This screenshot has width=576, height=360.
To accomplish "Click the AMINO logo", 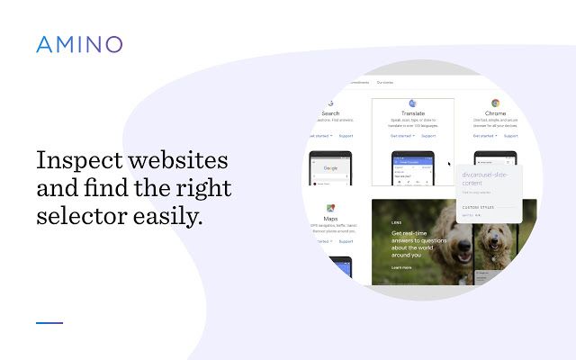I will (79, 44).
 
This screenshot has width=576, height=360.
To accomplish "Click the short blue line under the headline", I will (49, 322).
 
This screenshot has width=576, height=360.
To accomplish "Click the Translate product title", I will (413, 114).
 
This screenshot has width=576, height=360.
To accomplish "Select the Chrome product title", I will (495, 114).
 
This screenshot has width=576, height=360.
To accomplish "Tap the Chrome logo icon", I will (495, 103).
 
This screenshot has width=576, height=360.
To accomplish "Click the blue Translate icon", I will (413, 103).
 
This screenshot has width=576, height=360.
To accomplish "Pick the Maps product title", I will (331, 220).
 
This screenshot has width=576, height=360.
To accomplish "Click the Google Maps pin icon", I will (331, 208).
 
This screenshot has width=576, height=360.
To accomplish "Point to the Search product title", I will (330, 114).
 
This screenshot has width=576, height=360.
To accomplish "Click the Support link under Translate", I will (428, 136).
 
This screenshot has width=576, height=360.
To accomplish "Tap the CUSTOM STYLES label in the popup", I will (477, 207).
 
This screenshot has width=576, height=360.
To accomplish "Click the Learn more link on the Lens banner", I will (401, 267).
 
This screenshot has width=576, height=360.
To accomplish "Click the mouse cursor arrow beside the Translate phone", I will (450, 165).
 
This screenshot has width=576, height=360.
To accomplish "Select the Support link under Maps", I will (346, 241).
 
